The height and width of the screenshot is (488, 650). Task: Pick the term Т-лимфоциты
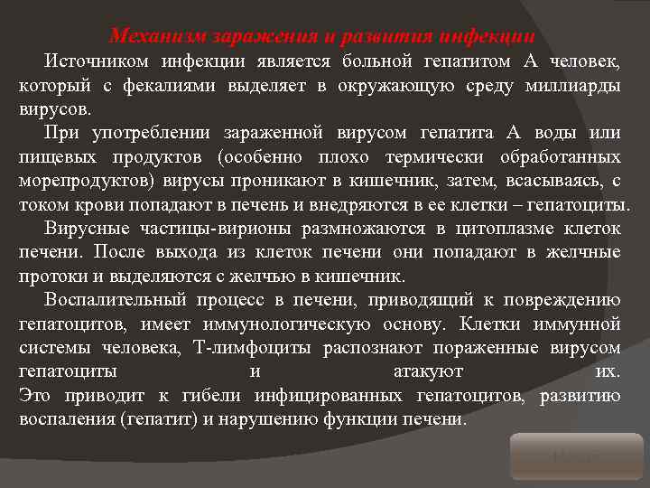253,348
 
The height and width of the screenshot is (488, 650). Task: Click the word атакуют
429,371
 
